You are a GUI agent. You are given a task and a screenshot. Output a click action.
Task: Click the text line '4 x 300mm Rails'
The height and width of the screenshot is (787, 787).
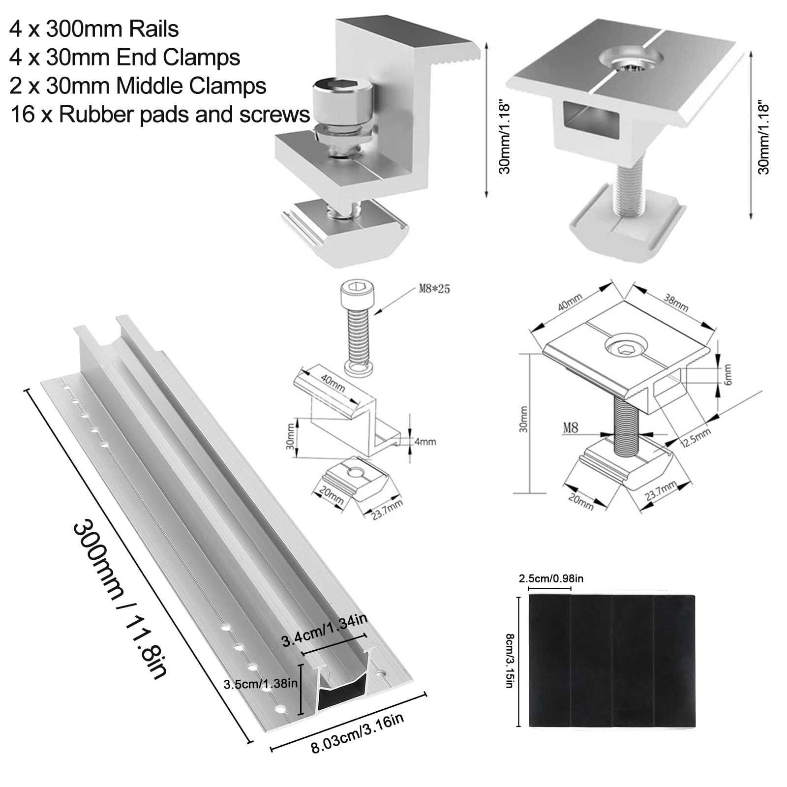click(93, 29)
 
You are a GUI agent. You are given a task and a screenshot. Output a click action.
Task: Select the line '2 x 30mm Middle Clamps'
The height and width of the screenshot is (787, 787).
click(138, 86)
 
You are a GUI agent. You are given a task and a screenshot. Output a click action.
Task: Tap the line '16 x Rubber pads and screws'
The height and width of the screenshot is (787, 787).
click(160, 115)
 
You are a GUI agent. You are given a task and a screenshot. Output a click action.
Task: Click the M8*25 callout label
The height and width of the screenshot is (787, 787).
click(434, 289)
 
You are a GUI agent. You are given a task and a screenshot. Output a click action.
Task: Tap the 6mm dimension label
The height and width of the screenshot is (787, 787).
click(728, 375)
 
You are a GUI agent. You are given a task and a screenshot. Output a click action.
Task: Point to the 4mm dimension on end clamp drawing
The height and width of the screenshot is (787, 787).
click(425, 442)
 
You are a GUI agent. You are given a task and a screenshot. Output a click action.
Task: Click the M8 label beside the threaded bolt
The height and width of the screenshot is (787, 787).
click(571, 428)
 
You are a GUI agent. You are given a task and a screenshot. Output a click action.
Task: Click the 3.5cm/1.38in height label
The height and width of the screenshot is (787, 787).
click(260, 684)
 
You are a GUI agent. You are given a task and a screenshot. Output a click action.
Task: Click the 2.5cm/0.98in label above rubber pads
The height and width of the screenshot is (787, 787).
click(550, 578)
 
